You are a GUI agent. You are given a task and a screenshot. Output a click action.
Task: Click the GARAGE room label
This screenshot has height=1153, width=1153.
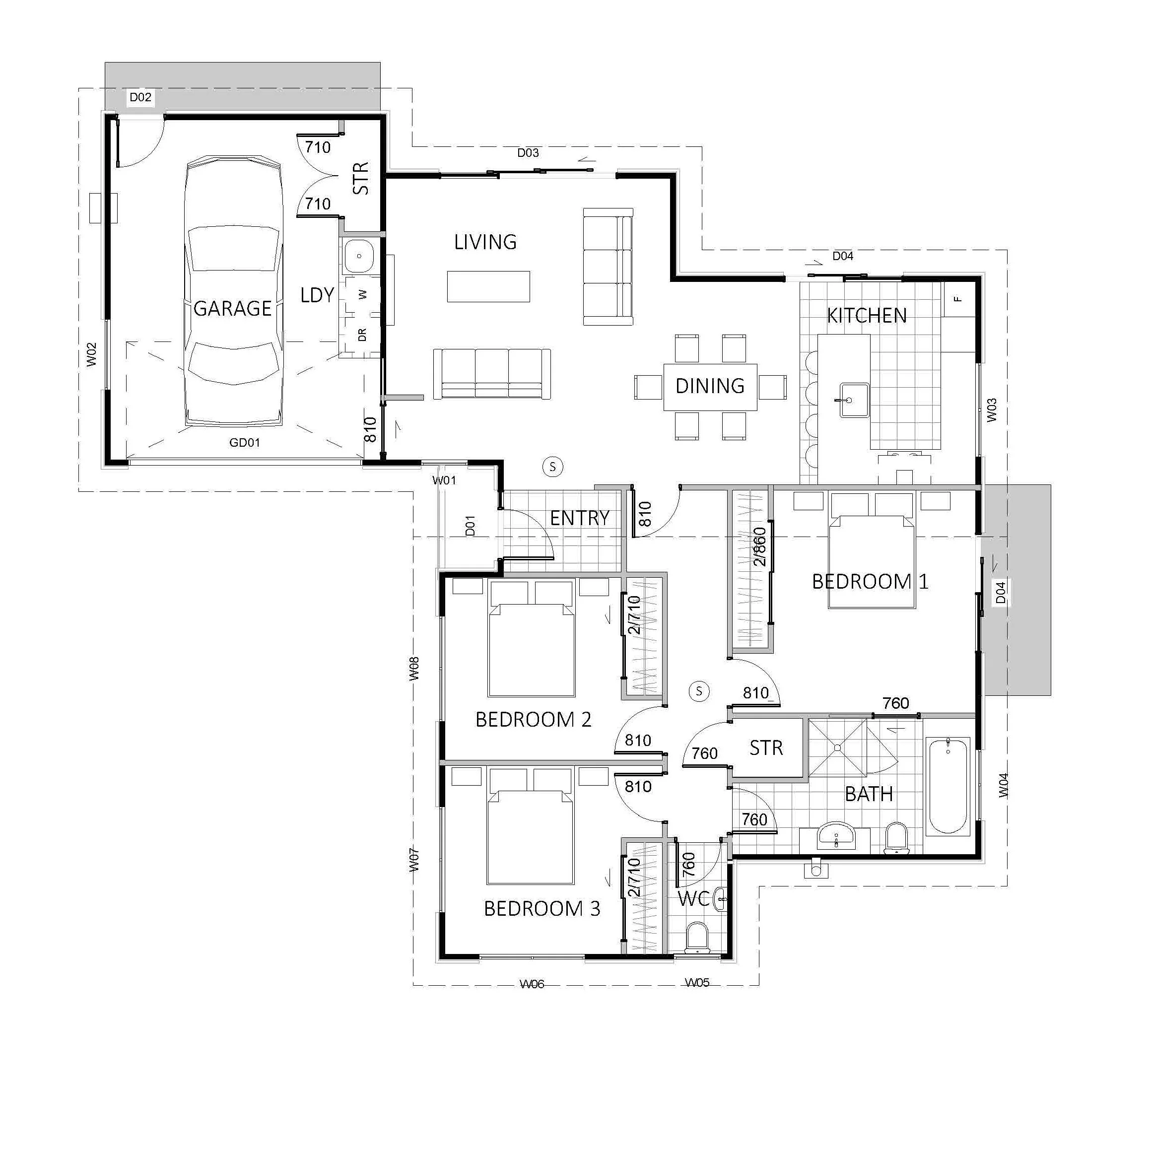pos(233,309)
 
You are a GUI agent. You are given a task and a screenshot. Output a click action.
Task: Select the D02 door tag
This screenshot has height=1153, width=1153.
pos(141,97)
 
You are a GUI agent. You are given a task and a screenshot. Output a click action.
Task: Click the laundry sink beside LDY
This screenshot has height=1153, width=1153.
pos(359,256)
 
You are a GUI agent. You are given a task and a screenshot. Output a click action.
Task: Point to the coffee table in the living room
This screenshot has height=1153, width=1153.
pos(488,286)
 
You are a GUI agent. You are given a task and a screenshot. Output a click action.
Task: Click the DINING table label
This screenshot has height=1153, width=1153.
pos(710,386)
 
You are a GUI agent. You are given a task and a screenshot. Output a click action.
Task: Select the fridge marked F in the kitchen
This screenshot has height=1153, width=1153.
pos(958,299)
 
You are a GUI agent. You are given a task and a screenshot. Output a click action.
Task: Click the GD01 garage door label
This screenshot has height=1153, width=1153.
pos(244,442)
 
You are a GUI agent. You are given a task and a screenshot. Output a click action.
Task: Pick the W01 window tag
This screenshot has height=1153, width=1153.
pos(444,480)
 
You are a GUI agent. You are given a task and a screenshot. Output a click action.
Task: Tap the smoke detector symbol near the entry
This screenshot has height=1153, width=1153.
pos(552,467)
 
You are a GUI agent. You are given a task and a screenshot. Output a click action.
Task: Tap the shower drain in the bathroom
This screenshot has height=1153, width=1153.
pos(838,747)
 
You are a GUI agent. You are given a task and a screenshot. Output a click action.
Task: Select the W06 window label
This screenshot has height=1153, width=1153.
pos(532,984)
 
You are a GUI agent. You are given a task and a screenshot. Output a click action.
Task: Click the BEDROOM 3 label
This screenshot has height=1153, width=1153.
pos(542,908)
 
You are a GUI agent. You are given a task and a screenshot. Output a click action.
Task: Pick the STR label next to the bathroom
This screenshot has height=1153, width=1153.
pos(766,748)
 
